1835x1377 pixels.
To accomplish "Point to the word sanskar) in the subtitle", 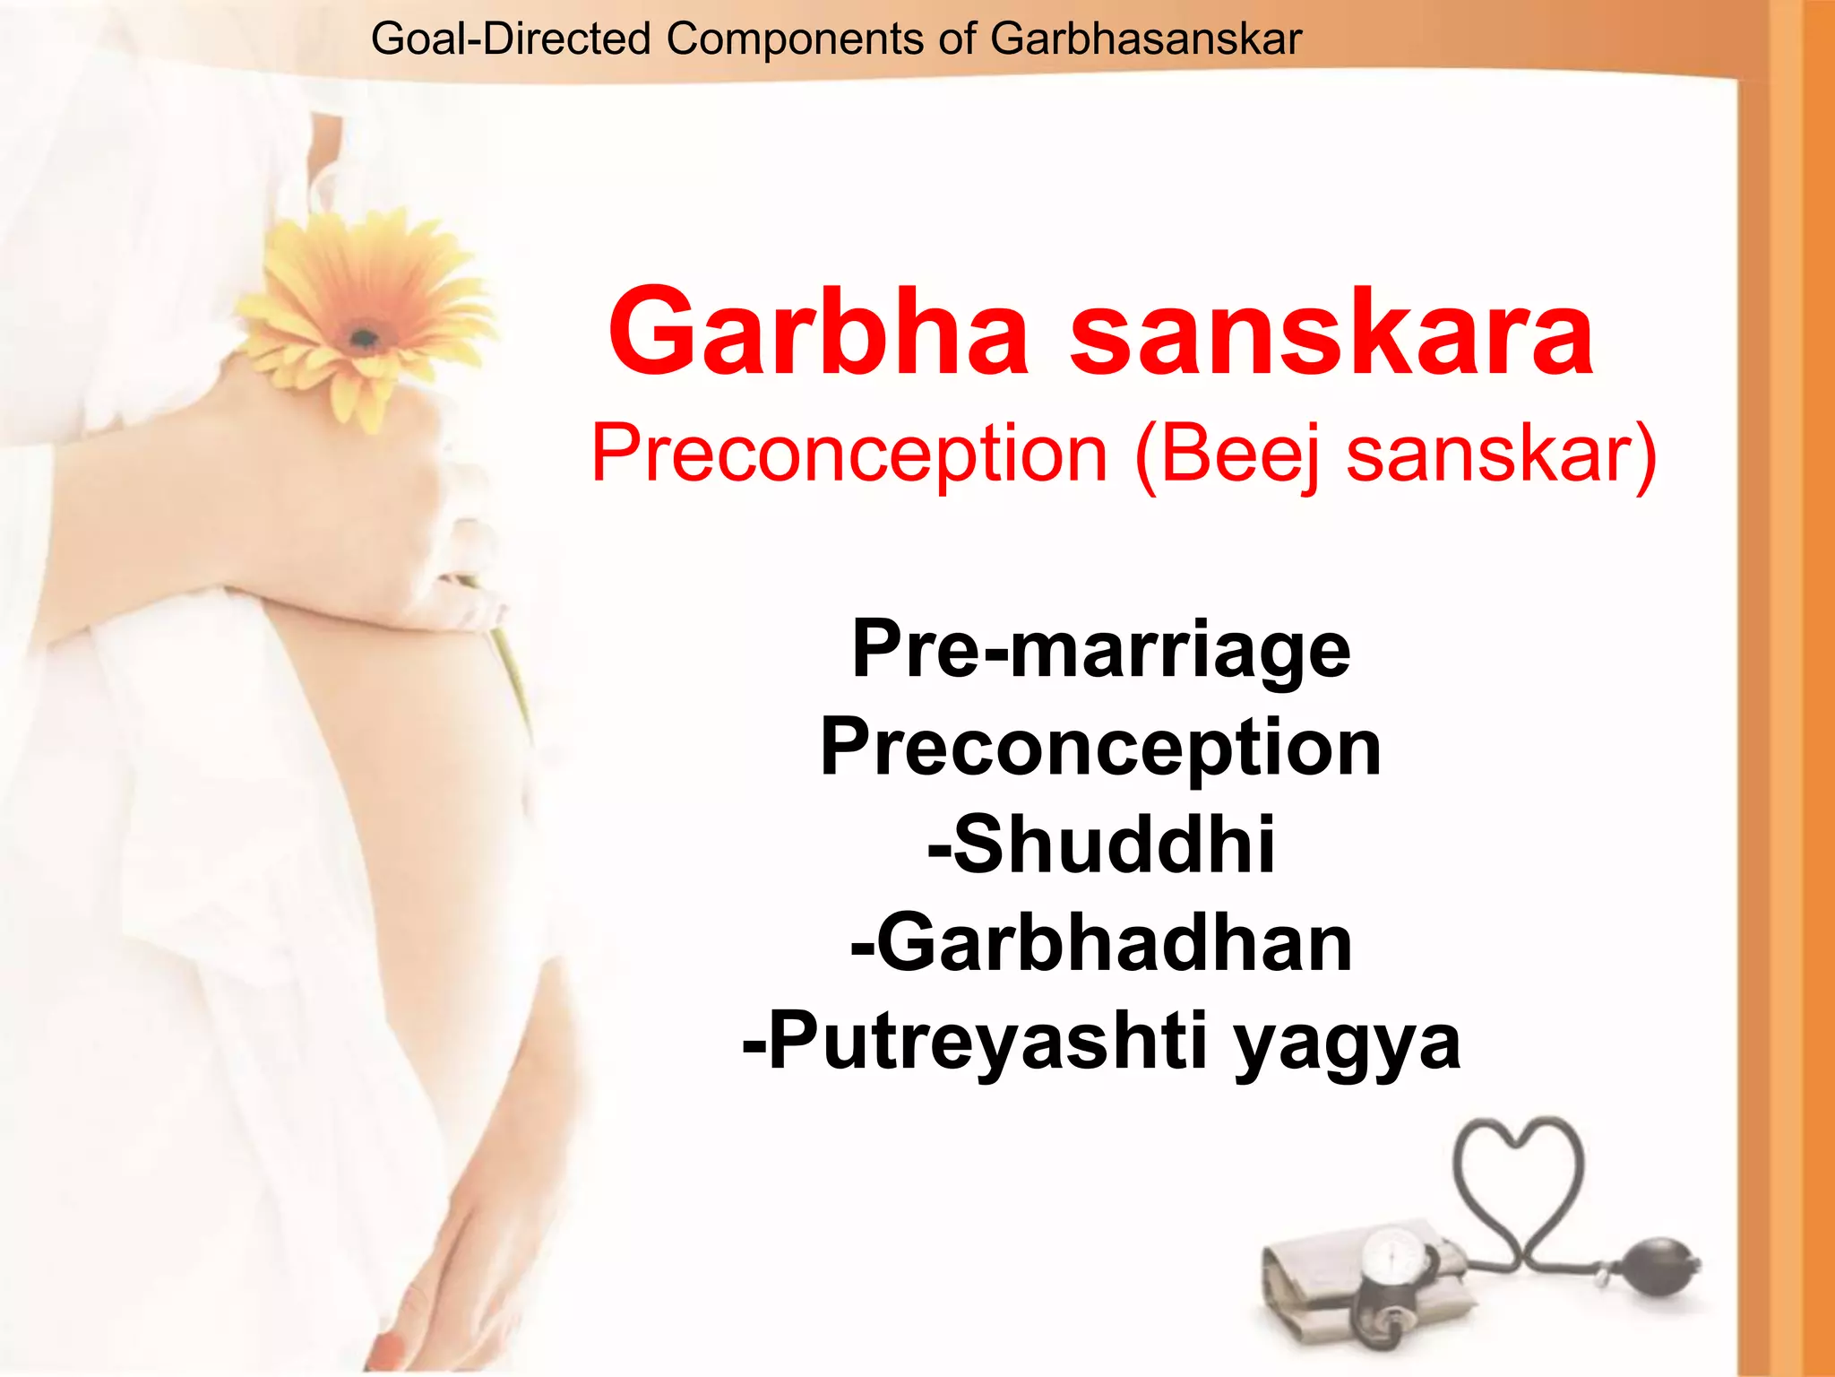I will [x=1502, y=455].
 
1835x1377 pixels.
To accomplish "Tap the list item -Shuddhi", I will [x=1101, y=844].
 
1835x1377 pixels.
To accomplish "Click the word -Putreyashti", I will [x=976, y=1041].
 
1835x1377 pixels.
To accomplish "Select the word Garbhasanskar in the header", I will [x=1146, y=39].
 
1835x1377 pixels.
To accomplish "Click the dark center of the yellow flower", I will [x=363, y=338].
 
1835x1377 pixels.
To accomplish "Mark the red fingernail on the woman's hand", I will [x=391, y=1344].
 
